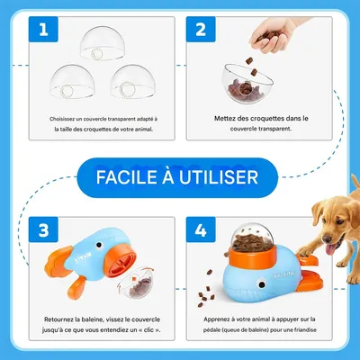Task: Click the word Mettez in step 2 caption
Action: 229,118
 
